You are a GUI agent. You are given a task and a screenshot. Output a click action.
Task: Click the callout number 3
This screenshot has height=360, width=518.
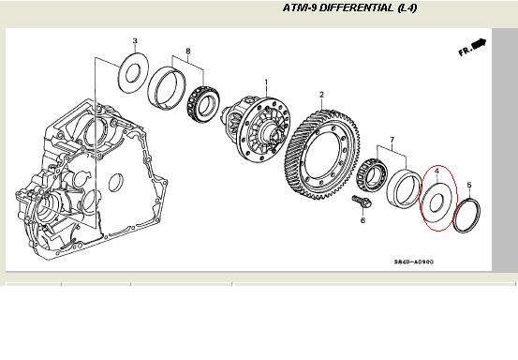(x=135, y=41)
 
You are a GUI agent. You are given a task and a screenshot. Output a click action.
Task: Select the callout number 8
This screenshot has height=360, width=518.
(x=188, y=52)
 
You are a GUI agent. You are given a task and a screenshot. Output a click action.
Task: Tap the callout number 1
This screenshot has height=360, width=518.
(x=266, y=82)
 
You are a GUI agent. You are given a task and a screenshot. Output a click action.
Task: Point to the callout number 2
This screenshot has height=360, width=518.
(x=322, y=95)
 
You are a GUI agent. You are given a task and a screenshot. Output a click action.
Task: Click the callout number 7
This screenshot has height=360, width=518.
(x=392, y=140)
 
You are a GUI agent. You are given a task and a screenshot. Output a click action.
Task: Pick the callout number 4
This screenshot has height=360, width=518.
(x=437, y=171)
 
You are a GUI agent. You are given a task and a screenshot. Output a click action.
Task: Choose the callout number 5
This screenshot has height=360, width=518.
(x=469, y=185)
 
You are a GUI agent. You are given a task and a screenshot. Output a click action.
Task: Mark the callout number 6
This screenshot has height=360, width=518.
(x=363, y=220)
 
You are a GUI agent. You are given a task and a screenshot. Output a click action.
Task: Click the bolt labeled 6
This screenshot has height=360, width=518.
(x=362, y=202)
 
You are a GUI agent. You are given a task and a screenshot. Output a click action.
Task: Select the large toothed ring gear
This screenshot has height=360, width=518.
(x=321, y=155)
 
